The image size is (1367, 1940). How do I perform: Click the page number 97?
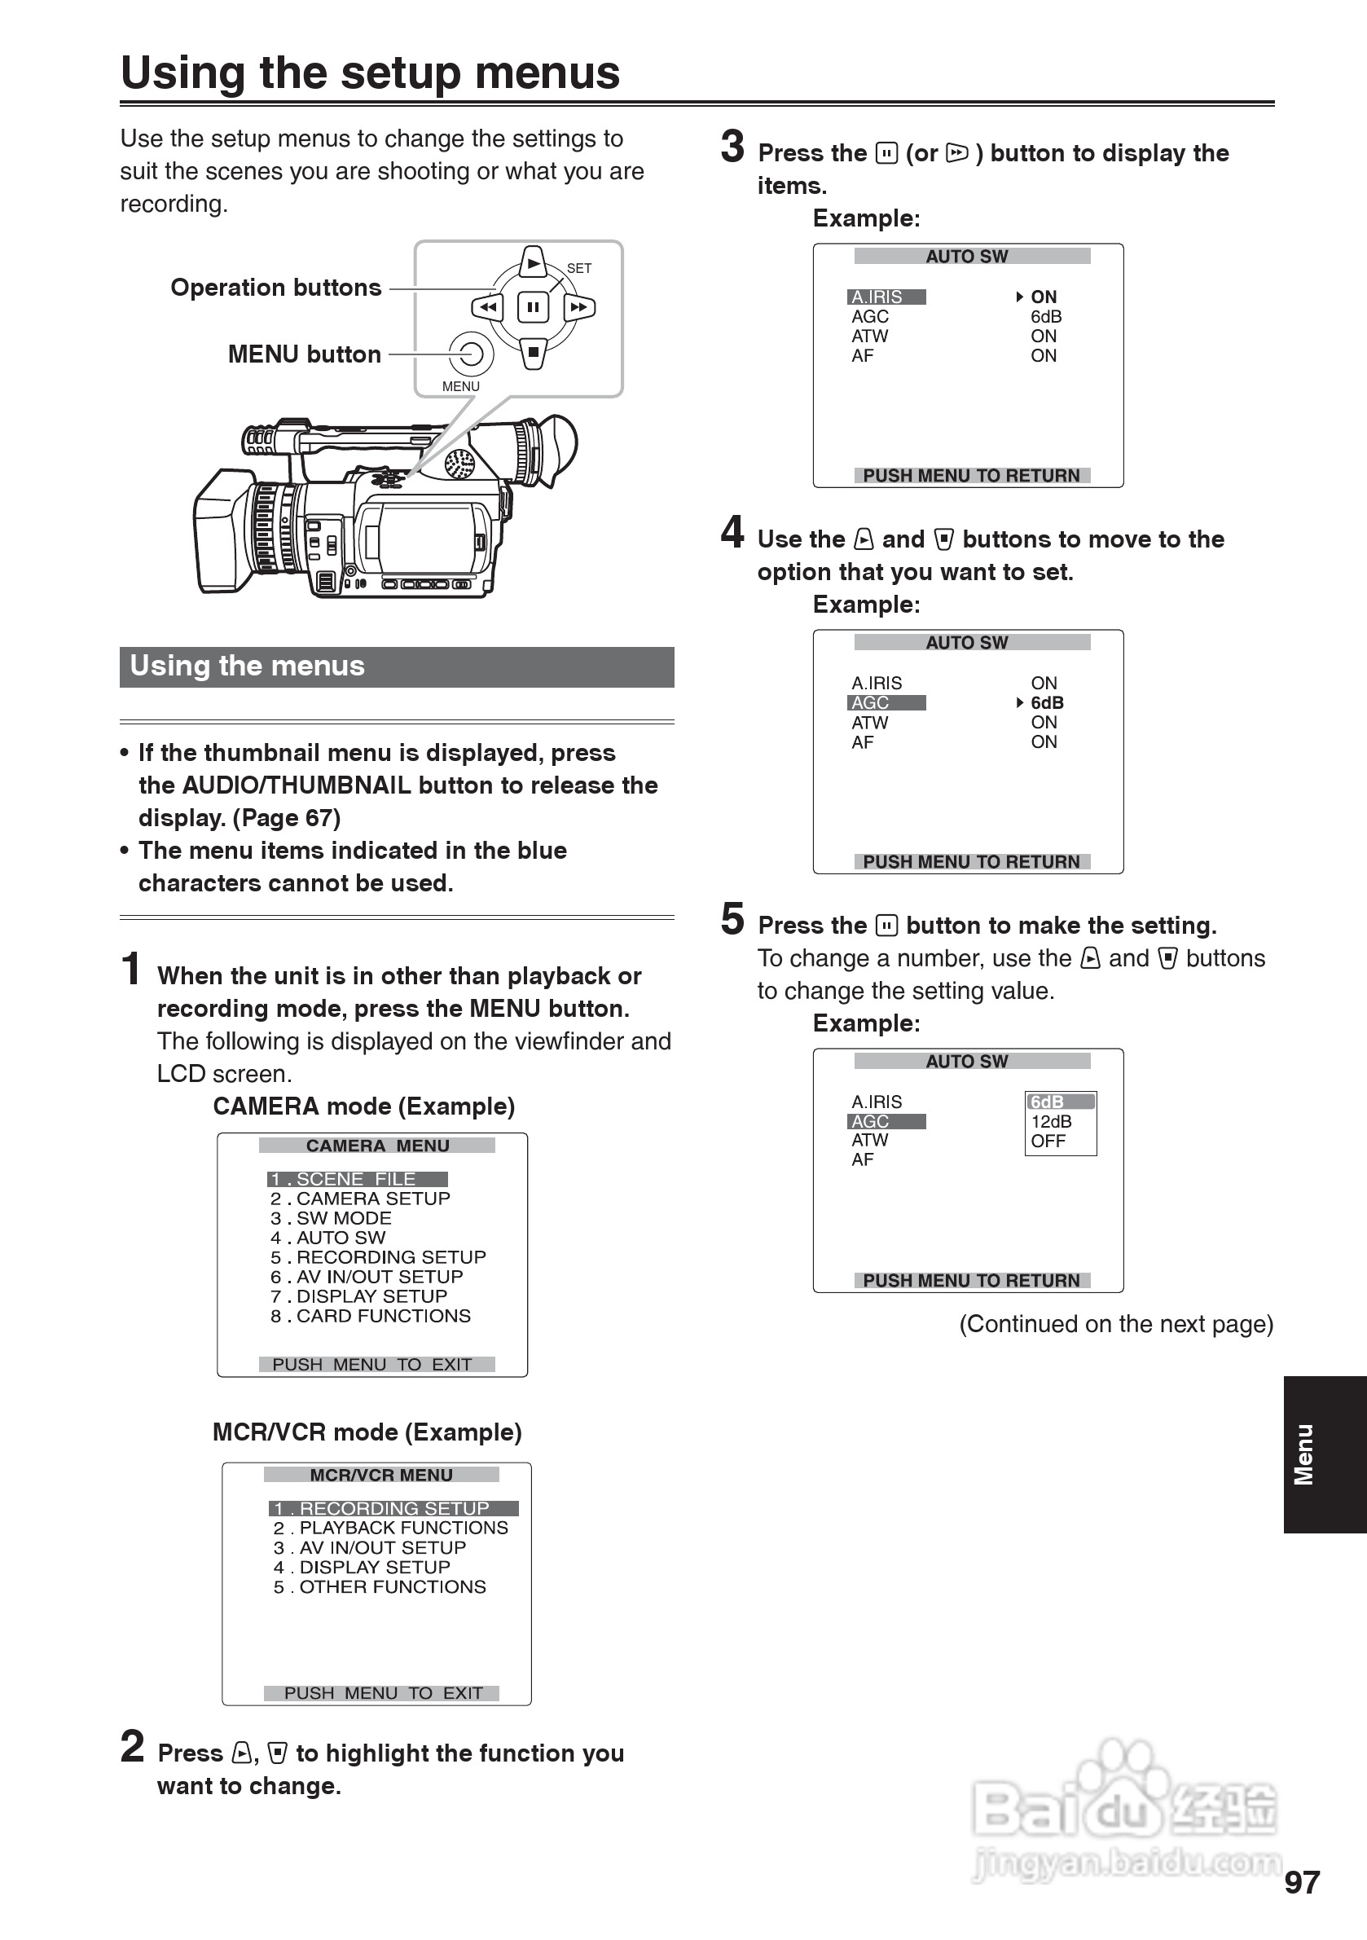tap(1302, 1882)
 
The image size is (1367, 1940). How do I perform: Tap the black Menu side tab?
tap(1324, 1454)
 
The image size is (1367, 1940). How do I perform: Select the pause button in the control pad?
tap(533, 306)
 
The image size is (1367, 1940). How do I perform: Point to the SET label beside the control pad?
tap(578, 268)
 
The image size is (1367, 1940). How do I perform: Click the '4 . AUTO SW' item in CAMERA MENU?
tap(328, 1237)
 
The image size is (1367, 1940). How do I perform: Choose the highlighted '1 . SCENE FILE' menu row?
tap(357, 1179)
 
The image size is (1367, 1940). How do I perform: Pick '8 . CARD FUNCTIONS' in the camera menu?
tap(371, 1316)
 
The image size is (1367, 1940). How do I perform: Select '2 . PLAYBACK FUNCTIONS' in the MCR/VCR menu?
tap(391, 1528)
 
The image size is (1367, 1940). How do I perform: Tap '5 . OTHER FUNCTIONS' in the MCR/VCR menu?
tap(380, 1587)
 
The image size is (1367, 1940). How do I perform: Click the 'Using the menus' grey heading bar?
tap(396, 666)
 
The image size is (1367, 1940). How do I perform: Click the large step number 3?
tap(732, 146)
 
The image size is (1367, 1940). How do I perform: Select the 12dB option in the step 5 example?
tap(1051, 1121)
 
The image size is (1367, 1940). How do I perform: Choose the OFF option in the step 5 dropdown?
tap(1048, 1141)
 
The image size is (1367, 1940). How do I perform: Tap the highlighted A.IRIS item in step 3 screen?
tap(886, 297)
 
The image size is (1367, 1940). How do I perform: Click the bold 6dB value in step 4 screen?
tap(1047, 702)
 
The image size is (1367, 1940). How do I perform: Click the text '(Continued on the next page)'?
tap(1115, 1323)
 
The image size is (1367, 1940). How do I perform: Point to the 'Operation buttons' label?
tap(275, 288)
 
